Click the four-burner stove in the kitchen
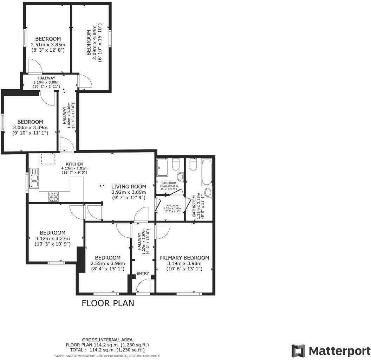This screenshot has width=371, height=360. (54, 197)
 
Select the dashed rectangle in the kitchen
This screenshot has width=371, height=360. (48, 159)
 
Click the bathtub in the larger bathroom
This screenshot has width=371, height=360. (206, 172)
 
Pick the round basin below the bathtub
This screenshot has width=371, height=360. (208, 192)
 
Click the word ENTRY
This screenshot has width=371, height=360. (143, 274)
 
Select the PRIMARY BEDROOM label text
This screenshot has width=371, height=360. (184, 258)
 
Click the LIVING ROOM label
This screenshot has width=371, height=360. (128, 186)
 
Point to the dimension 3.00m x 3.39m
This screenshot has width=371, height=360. (30, 127)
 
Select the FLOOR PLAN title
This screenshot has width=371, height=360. (108, 303)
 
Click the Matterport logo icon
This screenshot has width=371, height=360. (298, 351)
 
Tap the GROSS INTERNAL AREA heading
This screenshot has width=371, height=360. (107, 340)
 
